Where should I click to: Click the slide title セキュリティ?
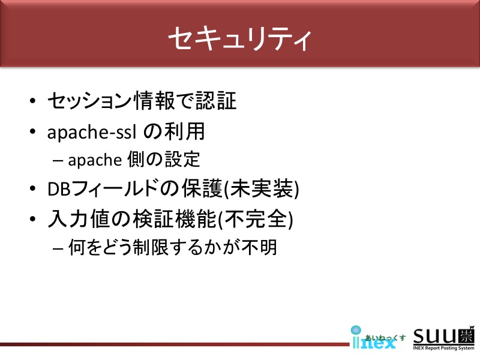tap(240, 39)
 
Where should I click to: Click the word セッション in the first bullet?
tap(90, 101)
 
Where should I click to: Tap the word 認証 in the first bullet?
tap(216, 101)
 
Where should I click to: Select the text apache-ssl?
tap(92, 132)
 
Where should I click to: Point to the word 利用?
tap(184, 131)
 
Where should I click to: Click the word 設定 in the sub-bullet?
tap(182, 159)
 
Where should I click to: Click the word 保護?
tap(202, 188)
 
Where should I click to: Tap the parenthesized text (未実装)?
tap(262, 188)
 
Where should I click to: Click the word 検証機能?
tap(175, 218)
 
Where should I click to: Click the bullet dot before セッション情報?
tap(33, 101)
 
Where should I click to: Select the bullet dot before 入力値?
tap(33, 219)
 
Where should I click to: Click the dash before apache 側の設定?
tap(58, 160)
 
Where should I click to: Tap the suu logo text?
tap(443, 336)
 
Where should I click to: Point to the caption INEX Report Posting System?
tap(443, 348)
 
